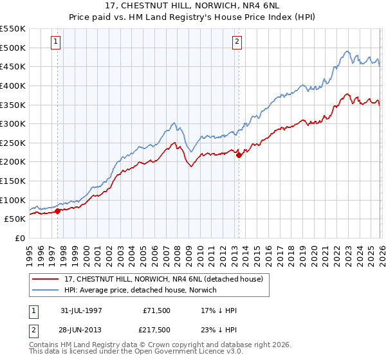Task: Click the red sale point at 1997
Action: click(57, 210)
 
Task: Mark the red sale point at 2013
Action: click(239, 155)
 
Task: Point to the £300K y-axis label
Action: click(12, 123)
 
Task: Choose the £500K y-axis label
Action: click(12, 48)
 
